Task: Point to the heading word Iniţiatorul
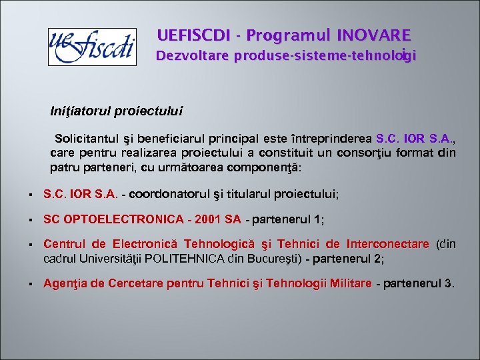(x=82, y=109)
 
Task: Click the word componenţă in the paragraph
(x=264, y=167)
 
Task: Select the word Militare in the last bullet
(x=351, y=283)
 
